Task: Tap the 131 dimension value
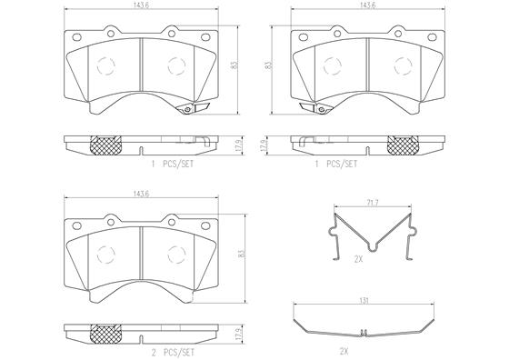point(364,301)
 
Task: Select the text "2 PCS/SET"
point(173,353)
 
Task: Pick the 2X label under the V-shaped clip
point(358,259)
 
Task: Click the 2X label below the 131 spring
point(344,351)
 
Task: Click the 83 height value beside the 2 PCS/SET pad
point(241,254)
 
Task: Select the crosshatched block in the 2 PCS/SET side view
point(105,334)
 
